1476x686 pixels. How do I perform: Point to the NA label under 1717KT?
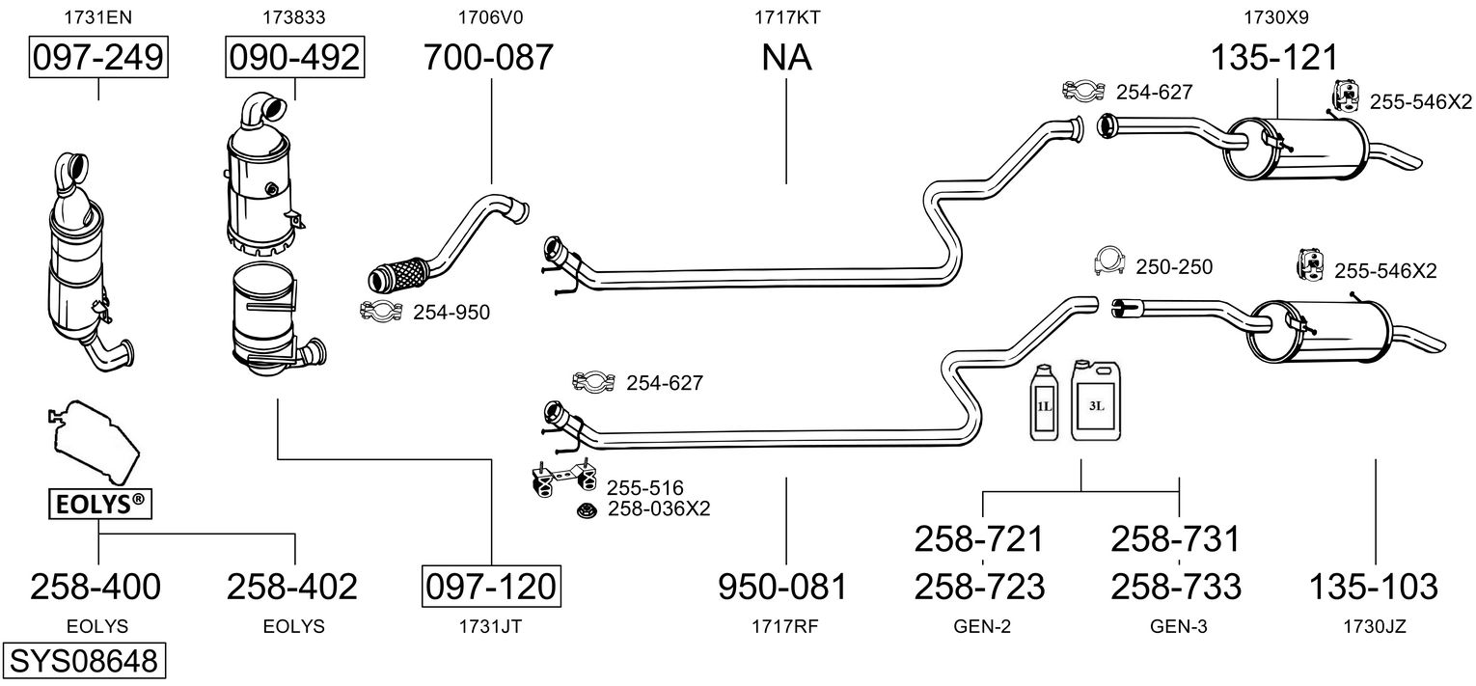tap(786, 58)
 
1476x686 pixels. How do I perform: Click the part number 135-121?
tap(1276, 58)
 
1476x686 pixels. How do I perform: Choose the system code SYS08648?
tap(83, 662)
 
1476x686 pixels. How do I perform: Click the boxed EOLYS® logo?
tap(99, 503)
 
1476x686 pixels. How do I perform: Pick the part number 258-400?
tap(96, 586)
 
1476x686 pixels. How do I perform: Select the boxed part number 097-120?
tap(491, 586)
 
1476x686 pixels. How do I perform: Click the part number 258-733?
tap(1177, 586)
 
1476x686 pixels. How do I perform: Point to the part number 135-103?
tap(1374, 586)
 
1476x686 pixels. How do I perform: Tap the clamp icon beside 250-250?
tap(1110, 260)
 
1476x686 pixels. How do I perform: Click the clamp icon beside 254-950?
tap(380, 311)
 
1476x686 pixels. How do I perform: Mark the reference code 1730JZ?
tap(1374, 626)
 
